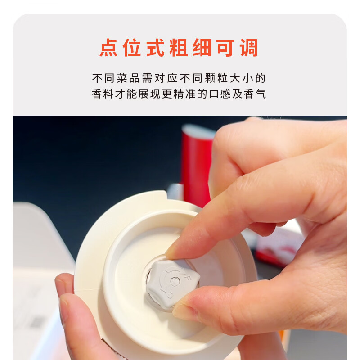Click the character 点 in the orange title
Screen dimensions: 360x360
tap(108, 48)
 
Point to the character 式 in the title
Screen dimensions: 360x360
tap(155, 48)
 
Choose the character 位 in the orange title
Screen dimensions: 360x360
tap(132, 48)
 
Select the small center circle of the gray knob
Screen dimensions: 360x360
tap(174, 281)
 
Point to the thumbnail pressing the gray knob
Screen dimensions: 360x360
tap(184, 310)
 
